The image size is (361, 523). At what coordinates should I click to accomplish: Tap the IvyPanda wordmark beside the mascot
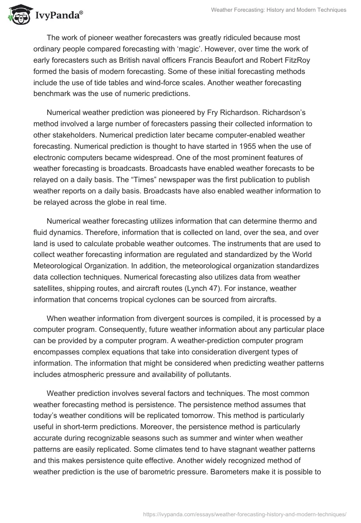[58, 15]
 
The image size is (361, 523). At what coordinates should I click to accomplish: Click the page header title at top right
[278, 10]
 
